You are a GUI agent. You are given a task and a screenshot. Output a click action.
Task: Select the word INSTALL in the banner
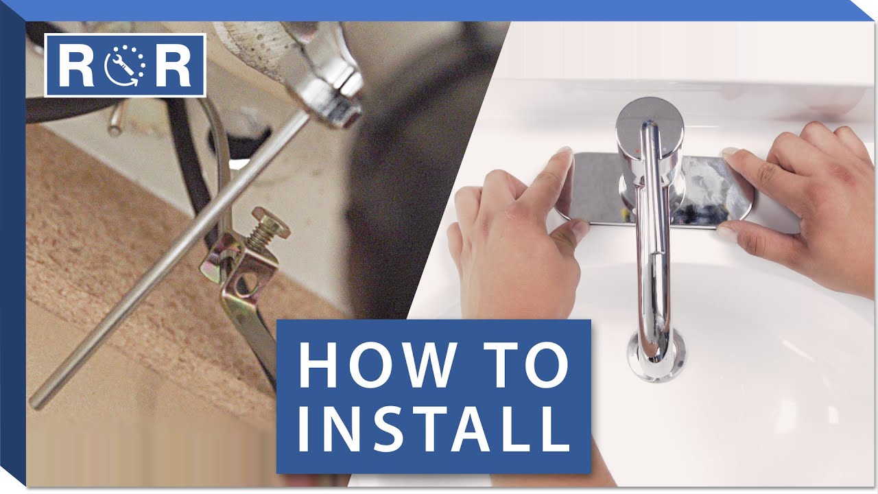coord(434,428)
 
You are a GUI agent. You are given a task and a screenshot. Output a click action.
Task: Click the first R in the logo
coord(76,65)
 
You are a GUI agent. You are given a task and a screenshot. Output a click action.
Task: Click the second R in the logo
coord(173,65)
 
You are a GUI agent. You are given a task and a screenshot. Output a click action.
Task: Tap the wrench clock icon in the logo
coord(125,65)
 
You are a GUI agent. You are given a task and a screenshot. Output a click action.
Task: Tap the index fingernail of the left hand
coord(565,153)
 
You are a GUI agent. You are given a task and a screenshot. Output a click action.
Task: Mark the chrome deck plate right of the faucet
coord(717,192)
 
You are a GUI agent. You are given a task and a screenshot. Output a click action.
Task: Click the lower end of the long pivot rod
coord(36,402)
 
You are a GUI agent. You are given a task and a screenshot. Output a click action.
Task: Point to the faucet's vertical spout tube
coord(653,243)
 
